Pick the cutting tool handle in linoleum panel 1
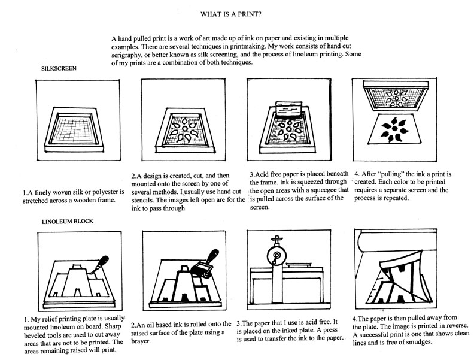coord(104,261)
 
